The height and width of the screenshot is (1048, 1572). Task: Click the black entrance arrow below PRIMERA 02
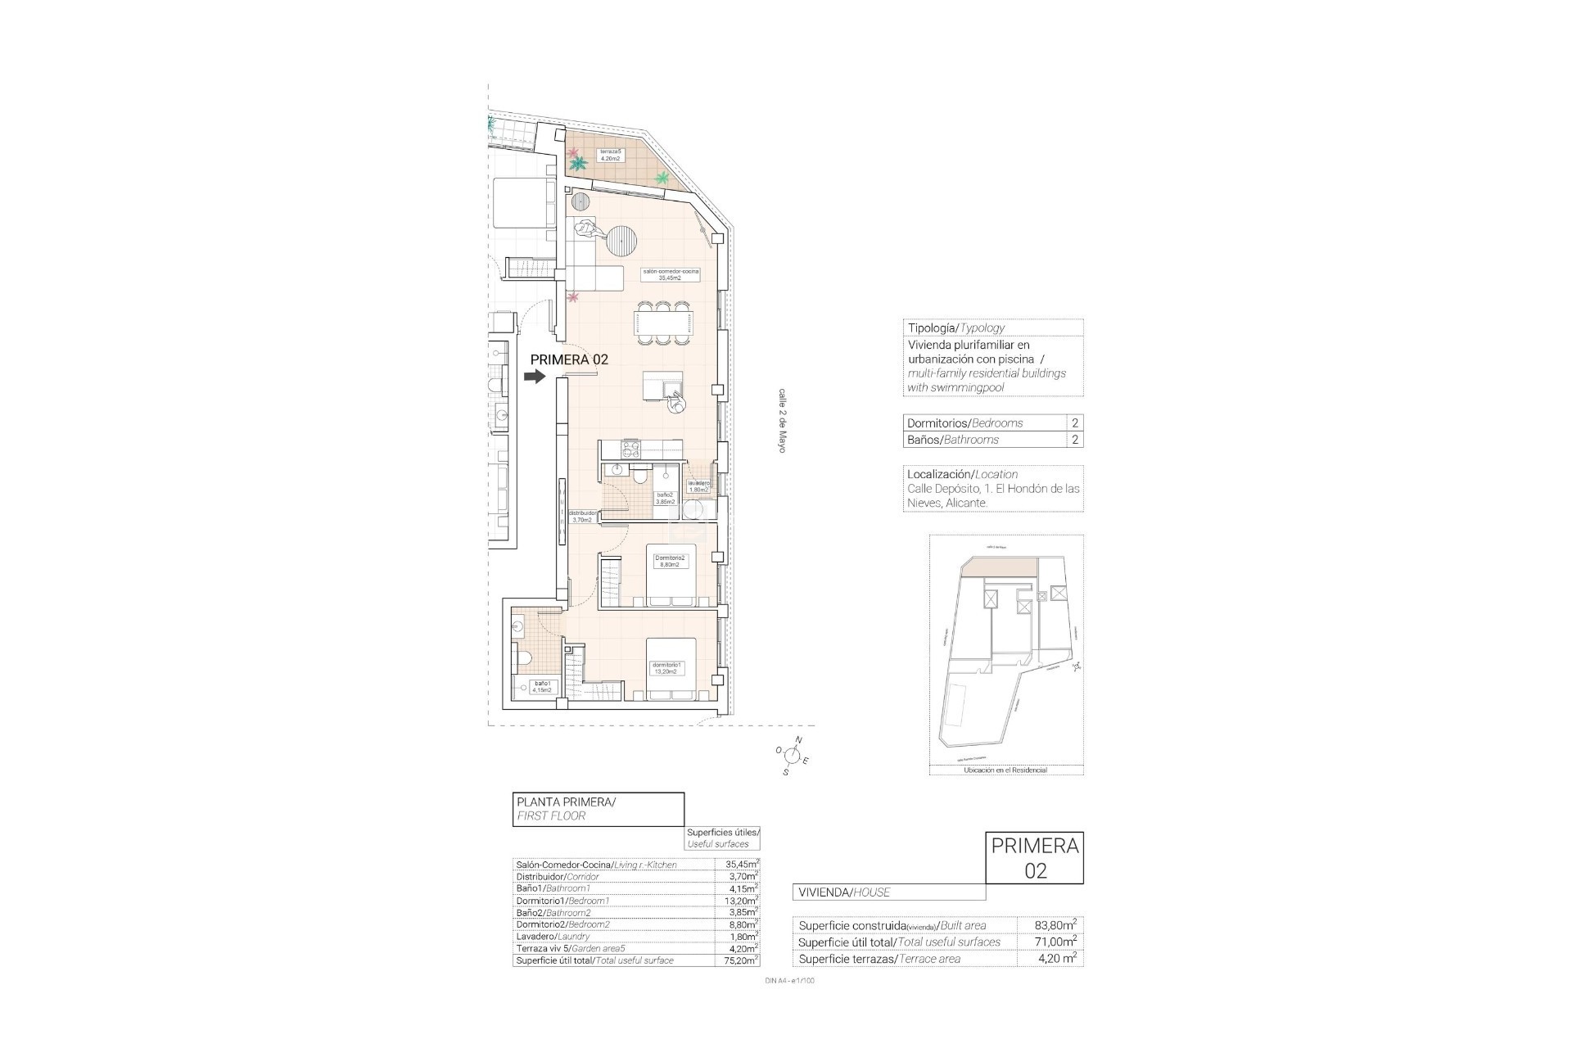tap(535, 377)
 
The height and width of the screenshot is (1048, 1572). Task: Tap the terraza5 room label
tap(610, 155)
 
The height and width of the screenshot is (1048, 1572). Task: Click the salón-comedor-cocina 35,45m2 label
tap(671, 274)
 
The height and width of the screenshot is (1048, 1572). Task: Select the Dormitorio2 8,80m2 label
tap(671, 561)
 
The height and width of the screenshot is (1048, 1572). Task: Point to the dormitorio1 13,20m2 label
tap(665, 668)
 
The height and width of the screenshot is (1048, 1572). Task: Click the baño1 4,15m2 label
tap(541, 686)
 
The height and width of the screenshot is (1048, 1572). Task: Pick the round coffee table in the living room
tap(621, 242)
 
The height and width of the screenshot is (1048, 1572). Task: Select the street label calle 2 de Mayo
tap(782, 421)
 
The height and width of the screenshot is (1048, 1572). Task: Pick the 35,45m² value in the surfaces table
tap(741, 864)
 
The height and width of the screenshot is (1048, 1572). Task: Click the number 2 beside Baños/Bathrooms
tap(1074, 440)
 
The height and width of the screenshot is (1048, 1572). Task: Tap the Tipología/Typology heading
tap(955, 327)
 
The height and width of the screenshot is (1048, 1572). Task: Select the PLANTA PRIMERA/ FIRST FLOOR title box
tap(598, 809)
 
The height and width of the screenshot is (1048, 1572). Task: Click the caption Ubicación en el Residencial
tap(1005, 770)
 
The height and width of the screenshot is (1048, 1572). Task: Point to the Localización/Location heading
tap(962, 474)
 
